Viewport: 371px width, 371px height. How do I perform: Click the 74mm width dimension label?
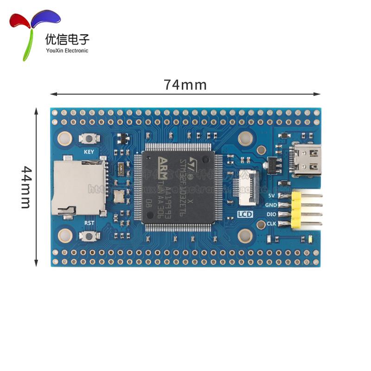[x=185, y=85]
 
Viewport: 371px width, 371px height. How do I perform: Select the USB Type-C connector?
[x=306, y=160]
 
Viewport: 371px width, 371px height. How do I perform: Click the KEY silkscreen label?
[x=89, y=152]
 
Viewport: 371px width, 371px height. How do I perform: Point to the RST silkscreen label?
[x=89, y=223]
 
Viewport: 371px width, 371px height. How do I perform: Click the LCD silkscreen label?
[x=244, y=214]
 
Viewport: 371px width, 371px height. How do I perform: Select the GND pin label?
[x=271, y=205]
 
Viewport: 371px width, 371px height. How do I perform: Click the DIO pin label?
[x=272, y=214]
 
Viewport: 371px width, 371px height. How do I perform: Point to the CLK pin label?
[x=272, y=224]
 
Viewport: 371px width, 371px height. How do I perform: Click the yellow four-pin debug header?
[x=297, y=210]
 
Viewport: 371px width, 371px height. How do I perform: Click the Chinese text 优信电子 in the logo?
[x=67, y=39]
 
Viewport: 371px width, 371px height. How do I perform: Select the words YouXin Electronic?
[x=67, y=51]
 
